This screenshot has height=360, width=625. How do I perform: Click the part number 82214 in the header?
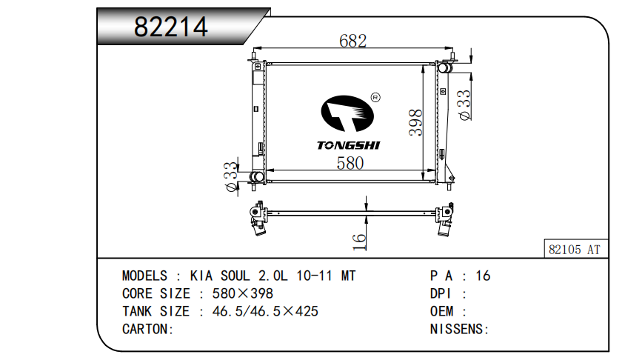(x=170, y=27)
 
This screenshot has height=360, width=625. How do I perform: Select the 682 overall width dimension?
(x=352, y=41)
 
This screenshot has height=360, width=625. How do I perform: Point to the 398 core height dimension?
(x=415, y=122)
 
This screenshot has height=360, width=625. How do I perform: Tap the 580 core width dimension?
(x=350, y=163)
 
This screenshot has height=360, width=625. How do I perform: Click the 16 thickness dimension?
(x=359, y=241)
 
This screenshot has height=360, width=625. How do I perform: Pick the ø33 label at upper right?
(x=465, y=105)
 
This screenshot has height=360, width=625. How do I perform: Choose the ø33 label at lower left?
(x=231, y=176)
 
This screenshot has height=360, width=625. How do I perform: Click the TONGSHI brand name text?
(x=348, y=145)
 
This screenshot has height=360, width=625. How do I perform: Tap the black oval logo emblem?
(x=347, y=113)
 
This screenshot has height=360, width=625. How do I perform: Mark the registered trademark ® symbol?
(x=375, y=97)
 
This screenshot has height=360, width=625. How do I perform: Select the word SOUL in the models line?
(x=236, y=276)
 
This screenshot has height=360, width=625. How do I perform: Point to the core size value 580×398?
(x=242, y=293)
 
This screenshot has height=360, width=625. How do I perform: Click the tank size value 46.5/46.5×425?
(x=265, y=311)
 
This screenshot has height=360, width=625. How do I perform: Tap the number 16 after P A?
(x=483, y=276)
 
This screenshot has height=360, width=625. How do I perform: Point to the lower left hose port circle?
(x=254, y=176)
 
